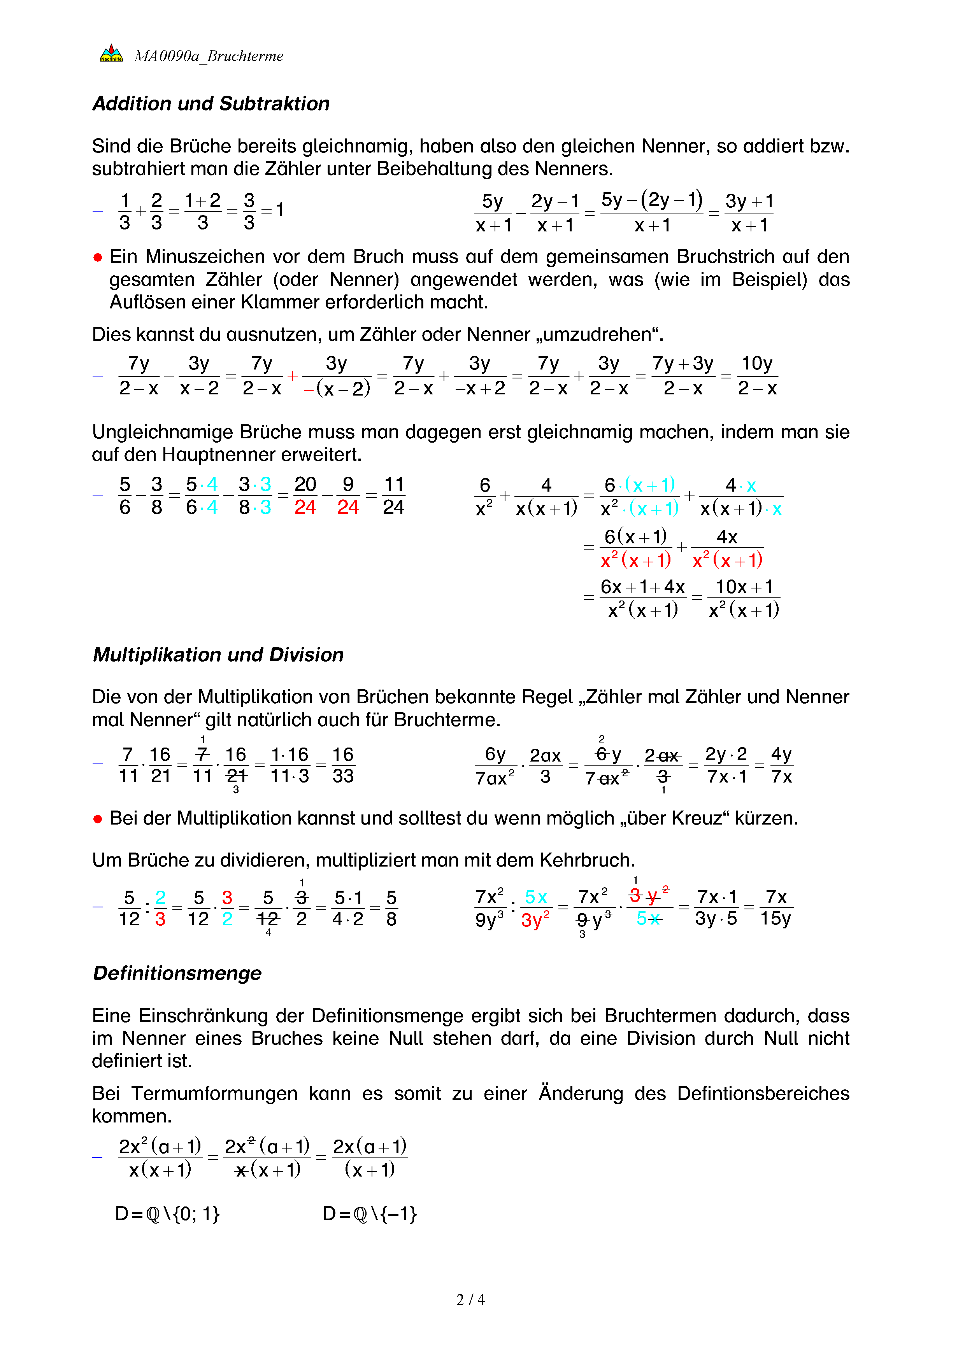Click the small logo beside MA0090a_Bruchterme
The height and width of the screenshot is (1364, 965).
click(x=111, y=53)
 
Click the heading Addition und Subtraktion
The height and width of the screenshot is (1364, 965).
click(x=211, y=103)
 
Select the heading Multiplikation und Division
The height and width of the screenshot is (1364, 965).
click(x=218, y=654)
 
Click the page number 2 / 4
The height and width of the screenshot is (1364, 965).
click(x=470, y=1299)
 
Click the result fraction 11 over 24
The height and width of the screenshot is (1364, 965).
click(x=393, y=496)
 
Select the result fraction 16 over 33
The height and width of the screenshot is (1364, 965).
click(x=343, y=765)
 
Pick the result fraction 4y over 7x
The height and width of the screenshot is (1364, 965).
click(x=781, y=765)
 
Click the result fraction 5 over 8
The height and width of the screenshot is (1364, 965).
click(x=391, y=908)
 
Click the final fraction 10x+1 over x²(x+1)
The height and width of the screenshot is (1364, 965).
click(x=744, y=598)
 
